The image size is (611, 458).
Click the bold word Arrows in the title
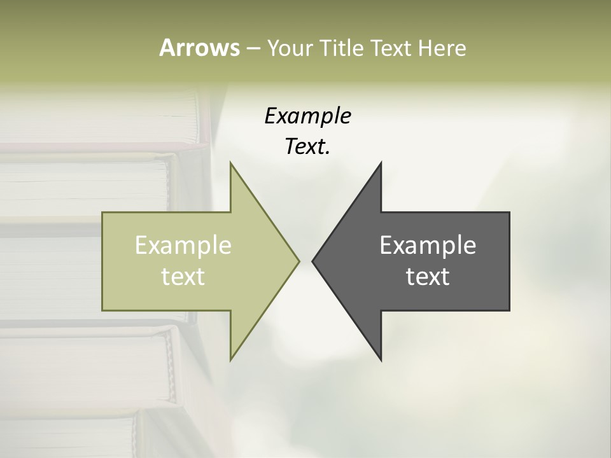(199, 48)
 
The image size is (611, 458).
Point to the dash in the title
(253, 49)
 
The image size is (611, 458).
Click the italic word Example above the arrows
(307, 116)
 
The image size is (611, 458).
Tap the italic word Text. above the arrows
(307, 147)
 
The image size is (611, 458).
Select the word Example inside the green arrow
(183, 246)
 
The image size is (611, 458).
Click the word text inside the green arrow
(183, 276)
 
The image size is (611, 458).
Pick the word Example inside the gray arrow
(428, 246)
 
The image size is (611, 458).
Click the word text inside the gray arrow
(428, 276)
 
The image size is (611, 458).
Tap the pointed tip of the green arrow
(298, 260)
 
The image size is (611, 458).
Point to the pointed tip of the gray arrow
(313, 261)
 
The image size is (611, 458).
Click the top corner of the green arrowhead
(230, 163)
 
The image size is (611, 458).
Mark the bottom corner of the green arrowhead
(230, 359)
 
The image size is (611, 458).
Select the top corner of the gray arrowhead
(381, 163)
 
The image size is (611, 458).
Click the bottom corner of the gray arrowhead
(381, 359)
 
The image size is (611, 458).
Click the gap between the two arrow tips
(305, 261)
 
